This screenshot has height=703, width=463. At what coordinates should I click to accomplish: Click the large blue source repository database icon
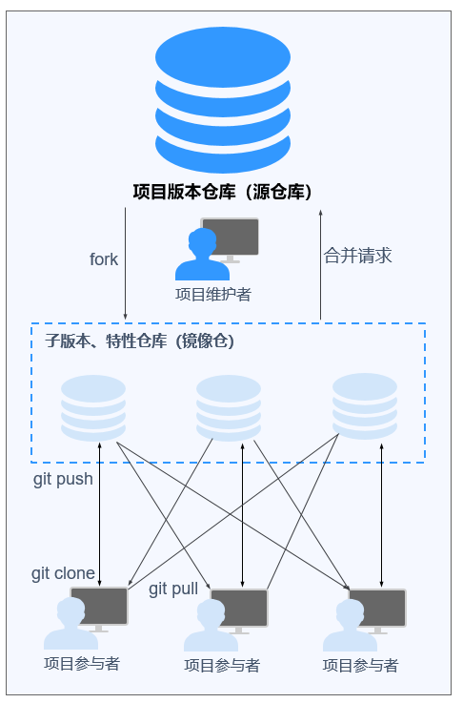pyautogui.click(x=223, y=99)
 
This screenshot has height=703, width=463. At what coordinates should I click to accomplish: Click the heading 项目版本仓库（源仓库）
pyautogui.click(x=222, y=192)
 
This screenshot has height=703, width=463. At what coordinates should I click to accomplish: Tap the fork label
pyautogui.click(x=104, y=259)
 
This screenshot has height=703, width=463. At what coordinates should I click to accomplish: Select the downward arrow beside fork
pyautogui.click(x=126, y=263)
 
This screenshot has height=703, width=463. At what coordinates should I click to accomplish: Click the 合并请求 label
pyautogui.click(x=358, y=256)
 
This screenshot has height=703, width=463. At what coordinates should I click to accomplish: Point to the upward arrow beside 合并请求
pyautogui.click(x=321, y=264)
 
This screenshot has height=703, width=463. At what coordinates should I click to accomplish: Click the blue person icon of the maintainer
pyautogui.click(x=202, y=255)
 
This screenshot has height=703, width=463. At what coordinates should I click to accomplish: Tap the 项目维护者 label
pyautogui.click(x=213, y=294)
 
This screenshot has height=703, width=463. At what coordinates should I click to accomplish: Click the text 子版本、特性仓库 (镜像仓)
pyautogui.click(x=140, y=341)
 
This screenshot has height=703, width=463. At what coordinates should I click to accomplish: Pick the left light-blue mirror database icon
pyautogui.click(x=93, y=408)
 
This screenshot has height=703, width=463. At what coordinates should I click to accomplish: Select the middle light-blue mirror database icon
pyautogui.click(x=229, y=408)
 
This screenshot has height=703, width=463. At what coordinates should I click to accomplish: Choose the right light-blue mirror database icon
pyautogui.click(x=365, y=406)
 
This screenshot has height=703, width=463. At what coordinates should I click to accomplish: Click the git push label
pyautogui.click(x=63, y=479)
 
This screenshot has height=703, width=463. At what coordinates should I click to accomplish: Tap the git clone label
pyautogui.click(x=63, y=573)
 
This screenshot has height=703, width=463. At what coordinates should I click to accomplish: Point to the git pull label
pyautogui.click(x=173, y=589)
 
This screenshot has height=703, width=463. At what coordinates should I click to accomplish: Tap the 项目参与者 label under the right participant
pyautogui.click(x=360, y=666)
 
